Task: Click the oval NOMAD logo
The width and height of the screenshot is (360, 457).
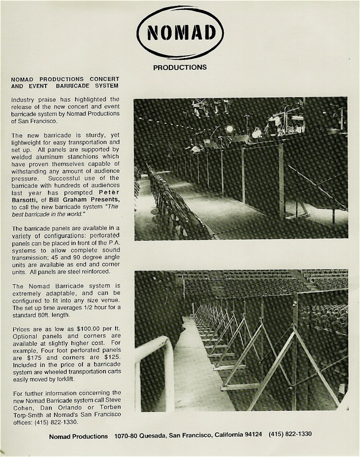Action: (x=180, y=32)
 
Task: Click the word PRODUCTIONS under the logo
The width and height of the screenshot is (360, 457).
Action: (x=180, y=67)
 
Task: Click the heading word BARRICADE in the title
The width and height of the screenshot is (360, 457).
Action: (x=70, y=86)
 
